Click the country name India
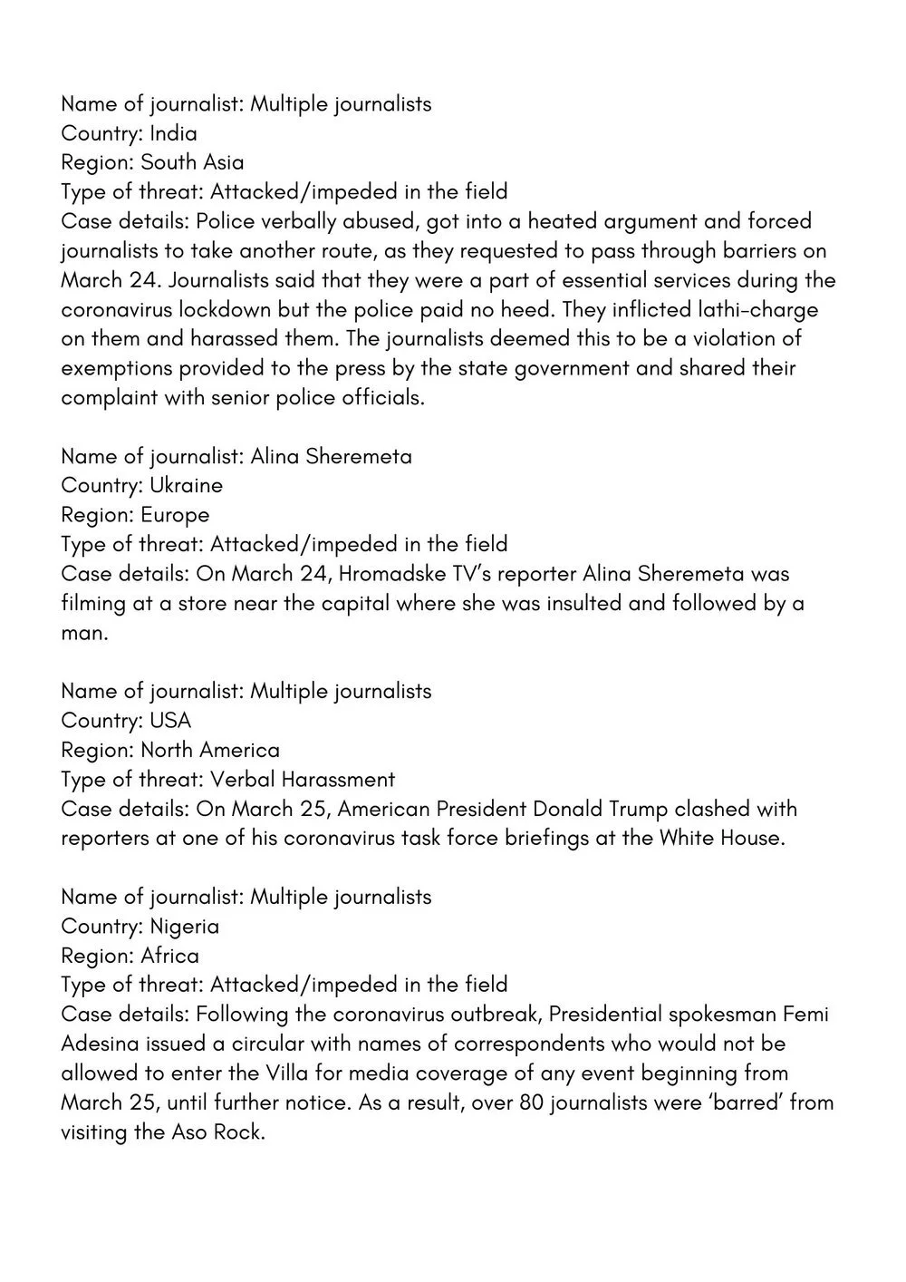[x=173, y=133]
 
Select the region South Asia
[x=192, y=162]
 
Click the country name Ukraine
[x=186, y=485]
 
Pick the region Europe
[x=175, y=515]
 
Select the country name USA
[x=170, y=721]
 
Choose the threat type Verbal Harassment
[x=303, y=779]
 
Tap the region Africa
[x=169, y=956]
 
